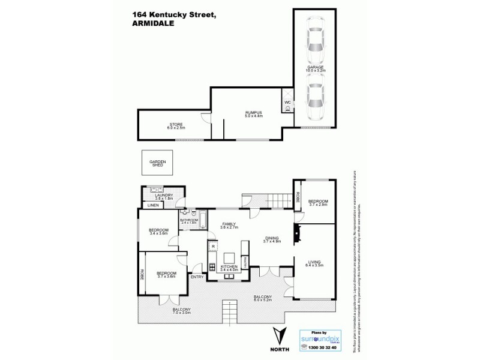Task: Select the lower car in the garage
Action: (315, 102)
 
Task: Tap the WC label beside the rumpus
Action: (287, 103)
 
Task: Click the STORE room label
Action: (176, 126)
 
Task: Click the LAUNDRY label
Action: (163, 196)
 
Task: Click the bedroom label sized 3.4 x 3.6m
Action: (159, 231)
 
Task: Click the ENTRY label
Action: (197, 277)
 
